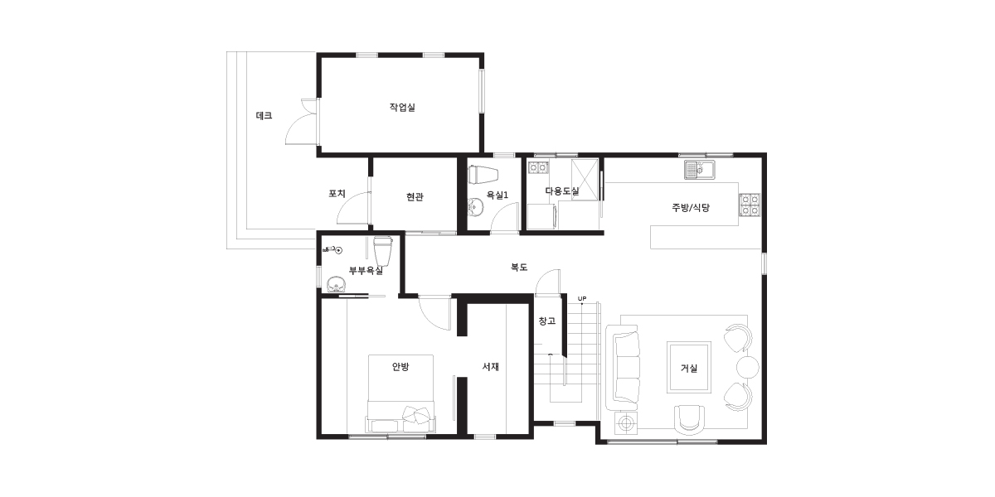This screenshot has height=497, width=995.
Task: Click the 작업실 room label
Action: click(x=402, y=108)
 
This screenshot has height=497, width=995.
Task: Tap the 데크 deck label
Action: click(x=264, y=116)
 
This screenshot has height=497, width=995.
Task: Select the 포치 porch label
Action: click(x=337, y=194)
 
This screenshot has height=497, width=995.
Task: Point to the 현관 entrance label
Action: click(x=415, y=196)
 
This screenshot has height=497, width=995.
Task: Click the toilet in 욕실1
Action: click(x=483, y=174)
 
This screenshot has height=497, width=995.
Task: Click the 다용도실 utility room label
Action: click(x=562, y=191)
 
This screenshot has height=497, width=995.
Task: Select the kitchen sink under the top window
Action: click(x=700, y=170)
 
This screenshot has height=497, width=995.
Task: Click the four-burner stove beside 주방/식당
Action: click(x=750, y=205)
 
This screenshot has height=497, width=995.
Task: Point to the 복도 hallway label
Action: click(x=519, y=267)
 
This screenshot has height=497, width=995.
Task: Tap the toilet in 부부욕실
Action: click(x=383, y=251)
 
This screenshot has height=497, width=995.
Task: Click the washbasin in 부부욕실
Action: click(x=337, y=284)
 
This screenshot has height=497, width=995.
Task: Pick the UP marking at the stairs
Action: click(x=582, y=299)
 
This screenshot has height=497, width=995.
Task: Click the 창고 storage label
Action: click(x=546, y=321)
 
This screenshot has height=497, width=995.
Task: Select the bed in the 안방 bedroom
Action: click(x=400, y=393)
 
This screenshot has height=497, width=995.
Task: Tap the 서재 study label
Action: click(x=490, y=366)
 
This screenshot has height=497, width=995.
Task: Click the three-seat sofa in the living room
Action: click(x=624, y=368)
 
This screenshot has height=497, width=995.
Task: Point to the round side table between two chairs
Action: click(x=748, y=367)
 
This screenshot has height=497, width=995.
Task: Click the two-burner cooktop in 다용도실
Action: click(x=538, y=167)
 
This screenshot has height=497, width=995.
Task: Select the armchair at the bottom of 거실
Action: click(x=689, y=419)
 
